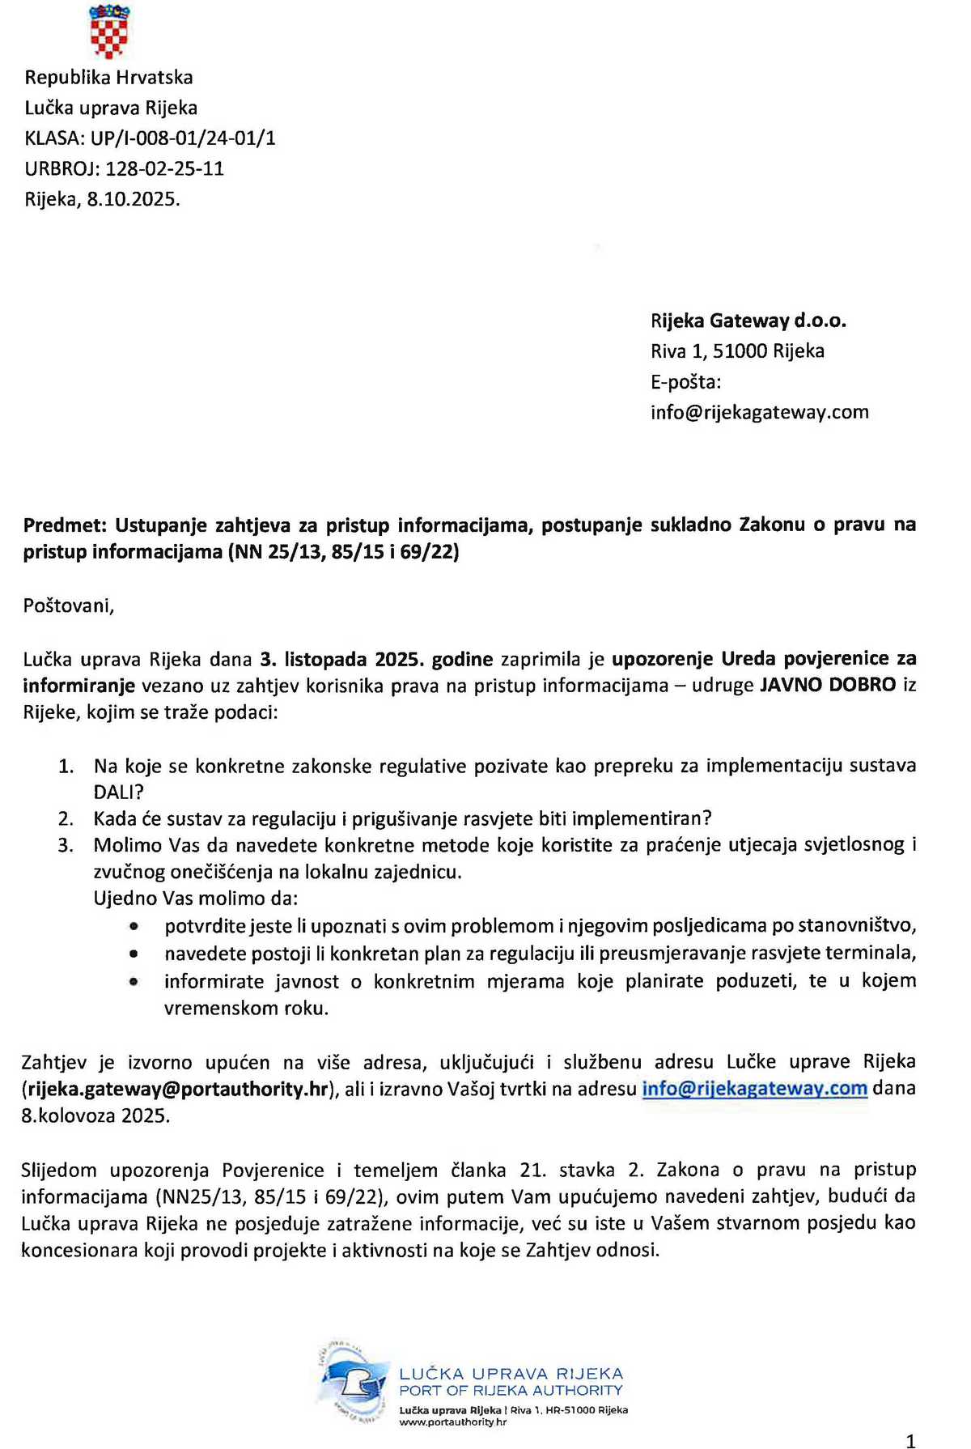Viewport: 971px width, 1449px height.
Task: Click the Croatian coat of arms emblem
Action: [x=109, y=31]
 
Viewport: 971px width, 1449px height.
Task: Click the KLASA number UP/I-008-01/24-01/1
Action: [x=183, y=138]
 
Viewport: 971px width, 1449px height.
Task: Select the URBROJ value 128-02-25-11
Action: [x=164, y=169]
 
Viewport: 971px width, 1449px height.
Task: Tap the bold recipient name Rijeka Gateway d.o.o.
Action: [x=748, y=321]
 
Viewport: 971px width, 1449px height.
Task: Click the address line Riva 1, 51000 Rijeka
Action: [x=737, y=351]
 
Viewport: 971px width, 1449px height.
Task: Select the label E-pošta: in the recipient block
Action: [x=685, y=382]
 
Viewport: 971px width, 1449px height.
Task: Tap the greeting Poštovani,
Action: [x=69, y=606]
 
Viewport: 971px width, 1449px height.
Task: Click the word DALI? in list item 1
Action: [x=118, y=792]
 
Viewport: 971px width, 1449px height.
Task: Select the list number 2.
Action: [x=66, y=819]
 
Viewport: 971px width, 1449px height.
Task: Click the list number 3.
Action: [x=66, y=846]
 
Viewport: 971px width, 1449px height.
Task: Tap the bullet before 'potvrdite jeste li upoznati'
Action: [x=134, y=927]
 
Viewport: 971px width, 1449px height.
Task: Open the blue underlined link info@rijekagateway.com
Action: [x=754, y=1089]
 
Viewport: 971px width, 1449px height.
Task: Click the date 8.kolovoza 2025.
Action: [x=95, y=1116]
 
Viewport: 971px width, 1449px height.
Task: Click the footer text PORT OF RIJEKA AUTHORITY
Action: [x=511, y=1391]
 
